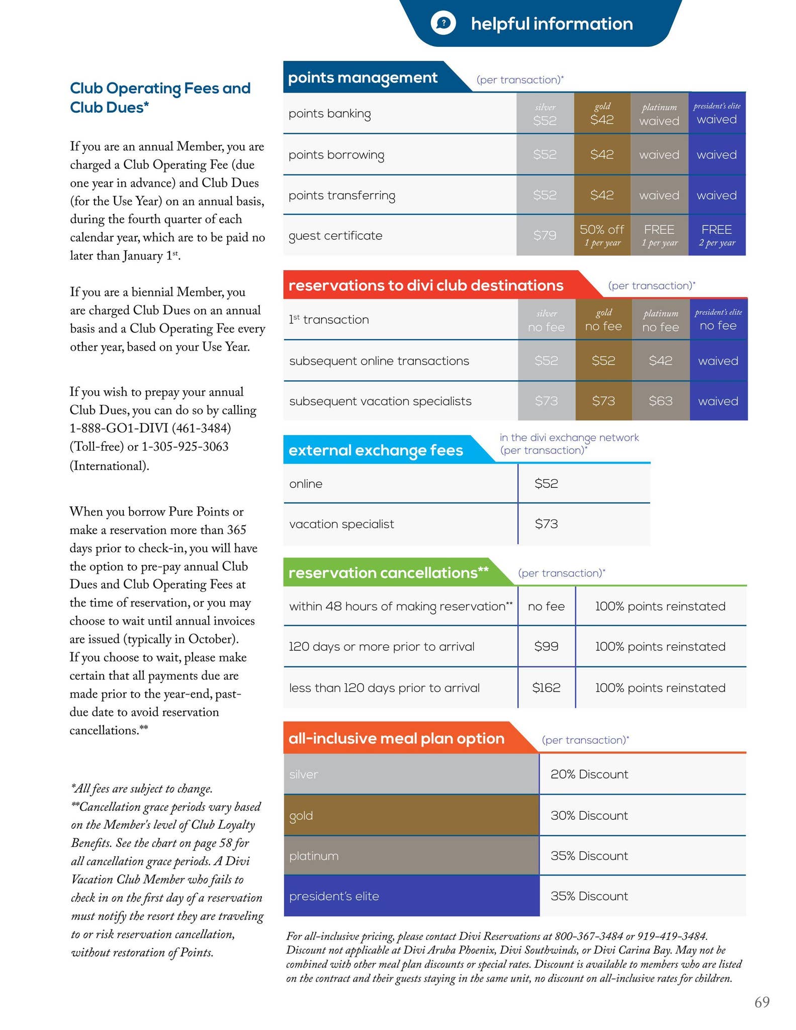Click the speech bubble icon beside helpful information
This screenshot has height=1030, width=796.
pos(443,23)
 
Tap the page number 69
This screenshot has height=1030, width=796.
pos(762,1002)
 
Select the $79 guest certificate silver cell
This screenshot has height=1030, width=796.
pos(545,235)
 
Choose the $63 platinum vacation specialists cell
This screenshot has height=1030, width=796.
pos(660,401)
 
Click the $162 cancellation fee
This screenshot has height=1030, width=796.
pos(546,688)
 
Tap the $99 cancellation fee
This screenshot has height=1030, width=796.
pos(546,646)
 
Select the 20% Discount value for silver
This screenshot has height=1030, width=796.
pos(589,774)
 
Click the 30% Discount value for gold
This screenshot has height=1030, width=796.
pos(589,815)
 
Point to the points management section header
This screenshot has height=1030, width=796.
pos(363,78)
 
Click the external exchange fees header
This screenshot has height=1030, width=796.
pos(376,450)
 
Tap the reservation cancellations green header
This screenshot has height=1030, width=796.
pos(388,573)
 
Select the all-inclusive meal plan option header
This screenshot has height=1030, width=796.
pos(396,738)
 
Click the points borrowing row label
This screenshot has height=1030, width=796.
pos(336,155)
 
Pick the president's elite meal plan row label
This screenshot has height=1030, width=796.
pos(334,896)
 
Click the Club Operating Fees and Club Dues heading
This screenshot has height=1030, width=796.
pos(160,98)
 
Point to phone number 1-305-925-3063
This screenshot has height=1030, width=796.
pos(185,447)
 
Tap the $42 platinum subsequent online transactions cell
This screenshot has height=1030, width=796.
pos(660,361)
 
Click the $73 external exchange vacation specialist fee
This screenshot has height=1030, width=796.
pos(546,524)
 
